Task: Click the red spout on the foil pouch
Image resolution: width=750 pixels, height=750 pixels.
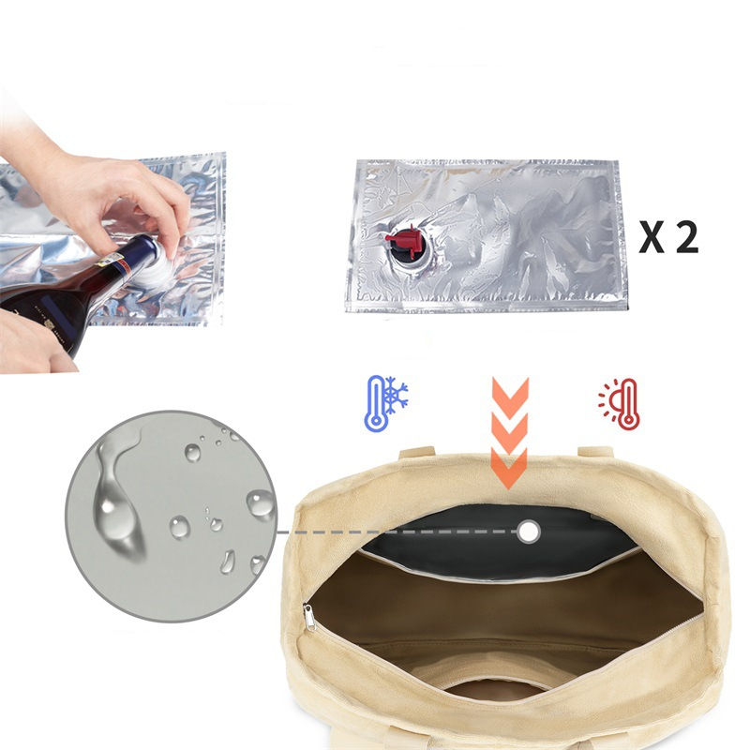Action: click(403, 241)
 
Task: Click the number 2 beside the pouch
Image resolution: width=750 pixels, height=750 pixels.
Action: click(687, 237)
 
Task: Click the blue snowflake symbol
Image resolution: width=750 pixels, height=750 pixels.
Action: click(396, 395)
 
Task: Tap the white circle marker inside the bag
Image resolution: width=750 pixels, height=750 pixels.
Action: click(528, 532)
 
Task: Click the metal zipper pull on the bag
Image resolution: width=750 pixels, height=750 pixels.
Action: click(309, 618)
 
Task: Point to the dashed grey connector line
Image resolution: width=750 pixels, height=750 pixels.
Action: click(397, 532)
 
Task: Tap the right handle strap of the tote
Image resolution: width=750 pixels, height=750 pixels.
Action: click(596, 452)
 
